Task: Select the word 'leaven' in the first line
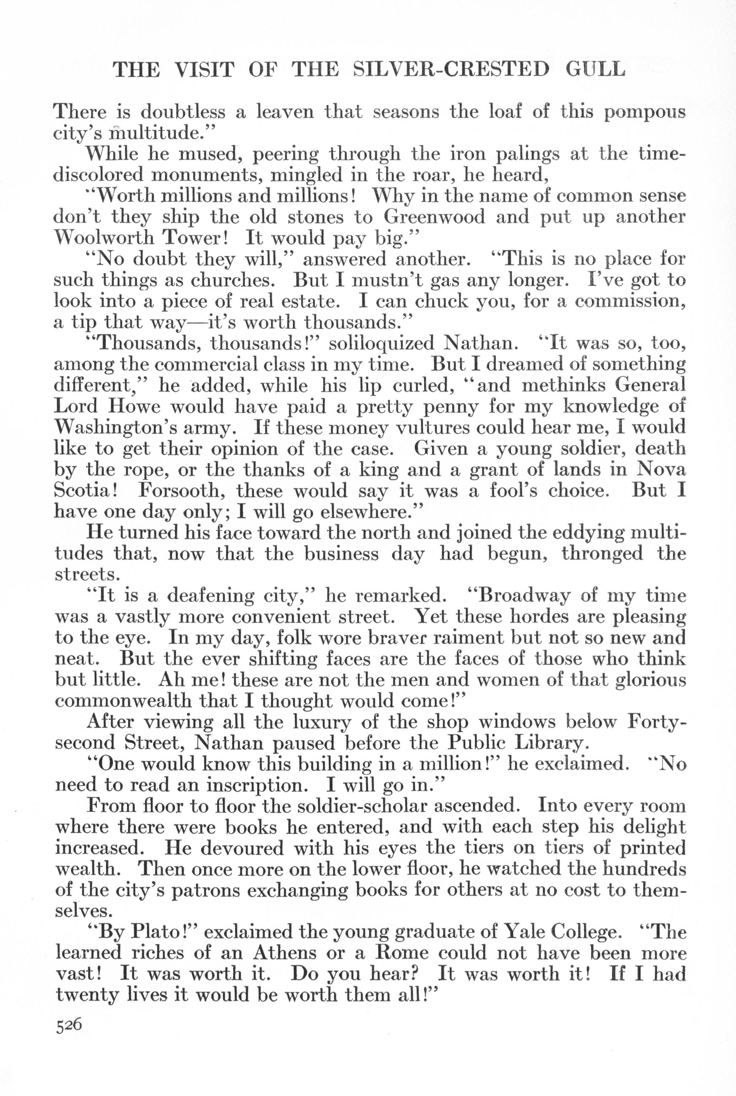click(276, 112)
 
